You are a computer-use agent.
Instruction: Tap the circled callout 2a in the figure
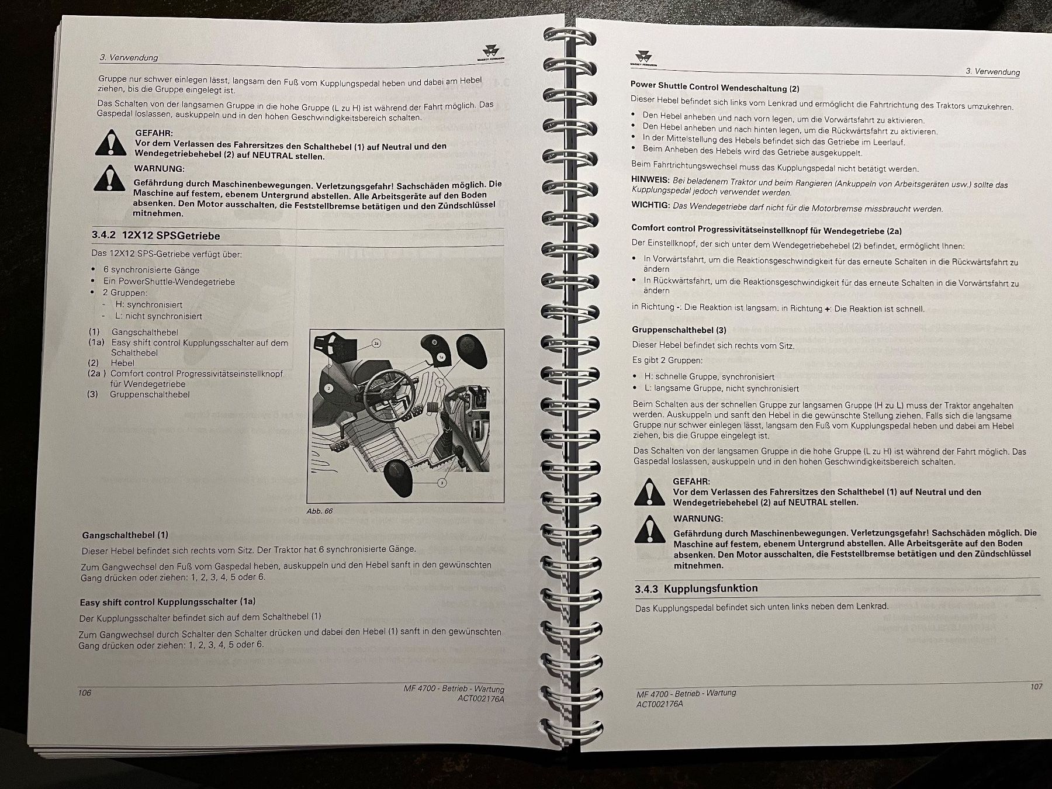pyautogui.click(x=376, y=344)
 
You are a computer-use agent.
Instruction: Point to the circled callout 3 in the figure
pyautogui.click(x=442, y=483)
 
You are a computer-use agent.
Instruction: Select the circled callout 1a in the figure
pyautogui.click(x=442, y=356)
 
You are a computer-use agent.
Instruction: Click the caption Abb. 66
pyautogui.click(x=319, y=511)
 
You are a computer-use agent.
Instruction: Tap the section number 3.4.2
pyautogui.click(x=103, y=235)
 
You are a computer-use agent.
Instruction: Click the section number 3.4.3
pyautogui.click(x=646, y=590)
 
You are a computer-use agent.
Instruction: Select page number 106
pyautogui.click(x=85, y=693)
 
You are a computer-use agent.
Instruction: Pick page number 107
pyautogui.click(x=1036, y=686)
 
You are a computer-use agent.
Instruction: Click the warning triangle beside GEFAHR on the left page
pyautogui.click(x=110, y=143)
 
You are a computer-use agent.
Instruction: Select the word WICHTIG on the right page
pyautogui.click(x=650, y=205)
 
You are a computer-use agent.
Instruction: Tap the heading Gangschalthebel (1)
pyautogui.click(x=125, y=535)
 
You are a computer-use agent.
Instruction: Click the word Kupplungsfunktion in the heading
pyautogui.click(x=711, y=589)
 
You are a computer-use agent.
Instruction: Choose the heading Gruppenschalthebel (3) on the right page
pyautogui.click(x=679, y=330)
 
